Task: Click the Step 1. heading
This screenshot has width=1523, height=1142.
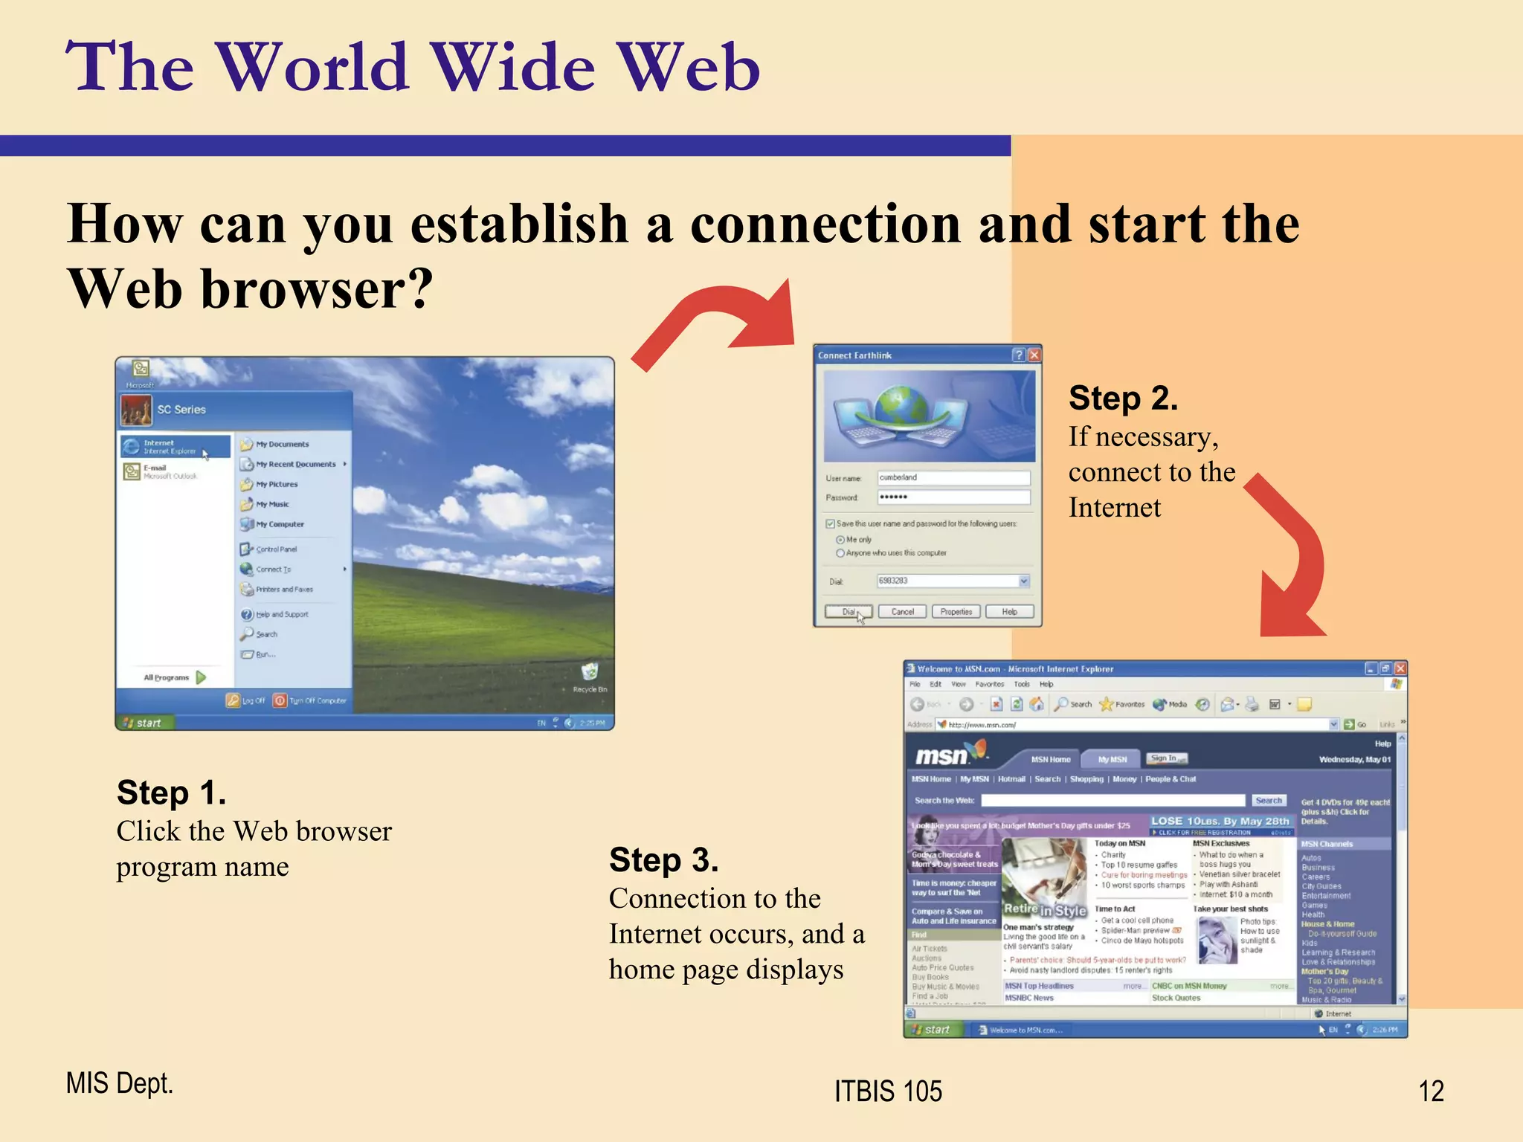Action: click(x=171, y=793)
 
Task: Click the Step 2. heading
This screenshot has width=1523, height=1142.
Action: click(x=1123, y=399)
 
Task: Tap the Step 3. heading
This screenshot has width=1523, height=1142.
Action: click(x=663, y=860)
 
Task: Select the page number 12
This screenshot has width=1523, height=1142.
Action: click(x=1431, y=1091)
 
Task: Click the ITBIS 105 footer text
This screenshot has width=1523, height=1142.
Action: click(x=888, y=1091)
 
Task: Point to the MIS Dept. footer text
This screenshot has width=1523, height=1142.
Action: click(x=119, y=1083)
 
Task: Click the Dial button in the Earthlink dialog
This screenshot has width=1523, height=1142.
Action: click(x=848, y=612)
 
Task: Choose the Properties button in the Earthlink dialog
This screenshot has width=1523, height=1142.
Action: click(x=956, y=612)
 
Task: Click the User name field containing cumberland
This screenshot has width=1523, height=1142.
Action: click(x=953, y=477)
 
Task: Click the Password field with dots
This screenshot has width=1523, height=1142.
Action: click(x=953, y=497)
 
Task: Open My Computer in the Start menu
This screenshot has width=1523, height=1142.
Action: click(x=279, y=524)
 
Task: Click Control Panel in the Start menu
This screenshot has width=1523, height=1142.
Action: click(x=276, y=549)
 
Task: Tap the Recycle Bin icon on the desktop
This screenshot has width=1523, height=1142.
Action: click(x=590, y=673)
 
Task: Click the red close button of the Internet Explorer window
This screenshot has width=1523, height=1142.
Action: click(x=1400, y=668)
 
